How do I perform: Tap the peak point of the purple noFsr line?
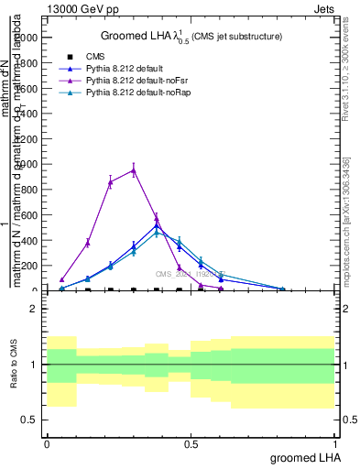[x=134, y=170]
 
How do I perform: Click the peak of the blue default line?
[x=157, y=225]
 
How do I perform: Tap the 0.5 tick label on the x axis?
[x=191, y=442]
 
